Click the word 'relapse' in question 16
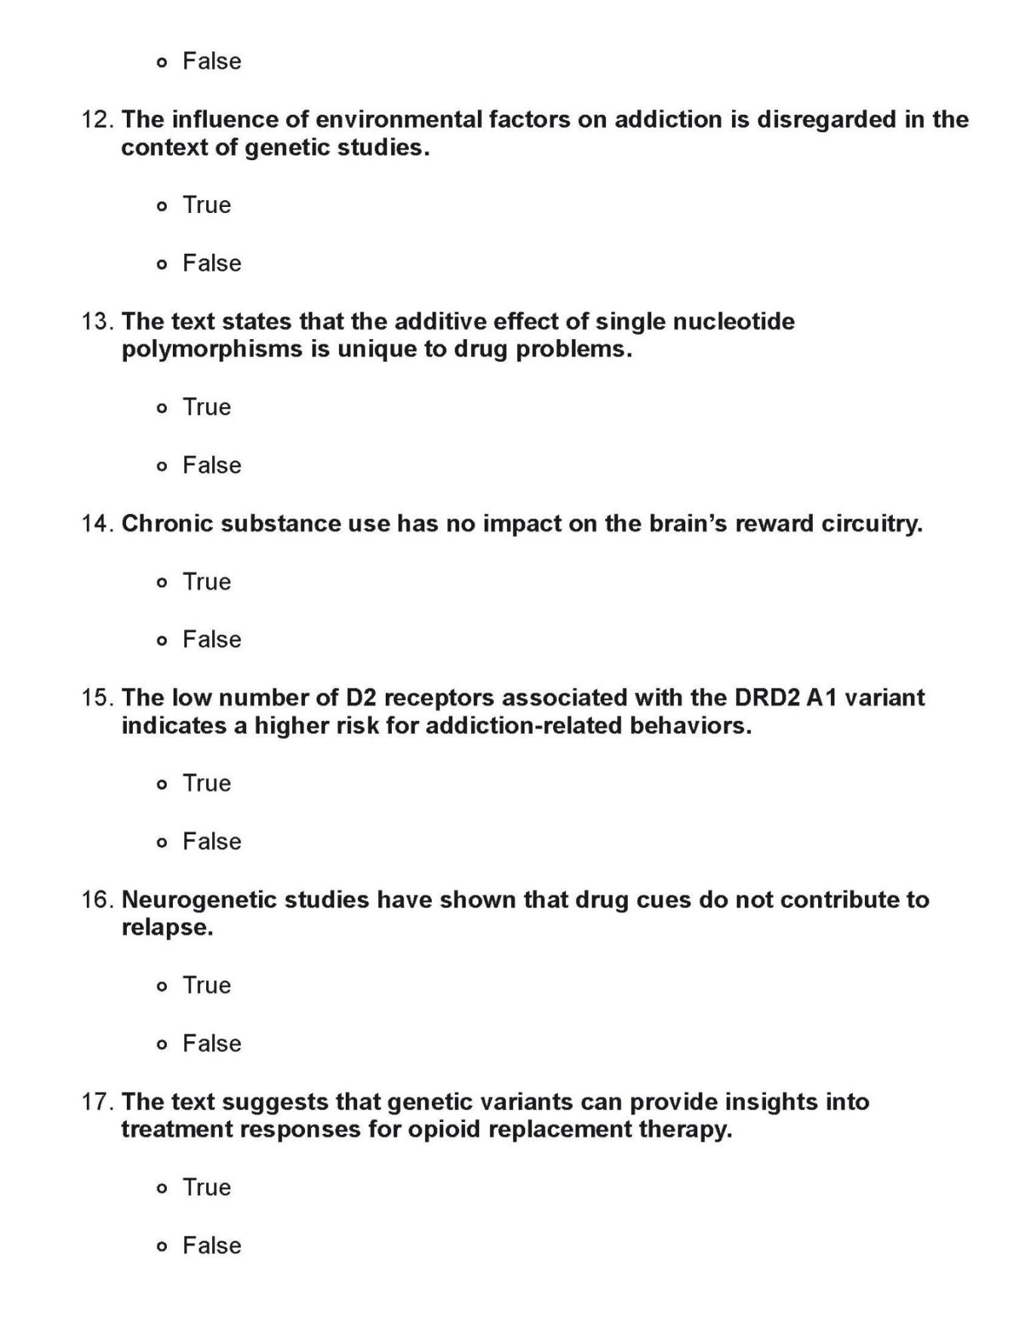(x=165, y=928)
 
